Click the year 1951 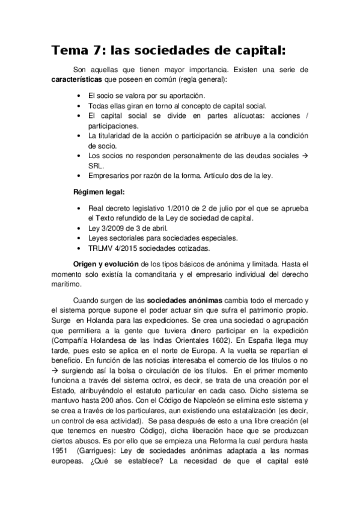tap(62, 469)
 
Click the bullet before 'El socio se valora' tap(81, 96)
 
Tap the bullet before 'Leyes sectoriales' tap(81, 238)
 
